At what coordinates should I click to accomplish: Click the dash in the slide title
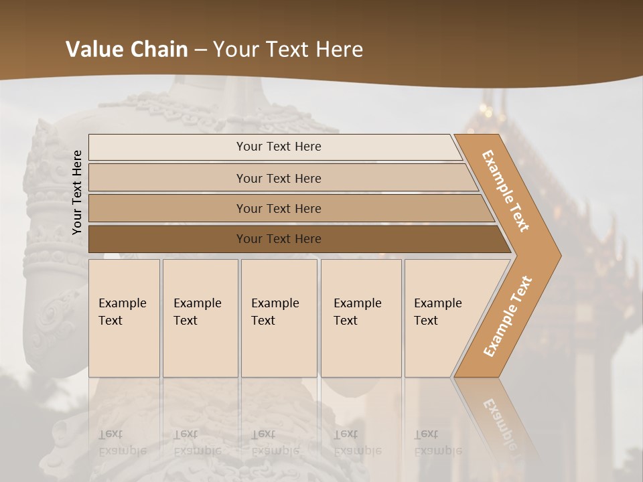click(x=201, y=50)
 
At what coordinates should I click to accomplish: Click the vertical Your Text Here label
click(x=77, y=192)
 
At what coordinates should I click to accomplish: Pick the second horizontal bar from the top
click(x=278, y=178)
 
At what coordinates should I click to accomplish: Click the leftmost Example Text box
click(x=124, y=318)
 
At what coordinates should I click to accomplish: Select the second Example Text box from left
click(x=200, y=318)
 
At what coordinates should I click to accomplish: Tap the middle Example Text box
click(x=279, y=318)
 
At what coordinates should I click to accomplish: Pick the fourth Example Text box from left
click(x=361, y=318)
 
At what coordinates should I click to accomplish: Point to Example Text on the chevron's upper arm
click(x=506, y=191)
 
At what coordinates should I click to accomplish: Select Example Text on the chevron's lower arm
click(x=508, y=316)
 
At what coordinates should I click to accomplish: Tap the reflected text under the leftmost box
click(x=122, y=442)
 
